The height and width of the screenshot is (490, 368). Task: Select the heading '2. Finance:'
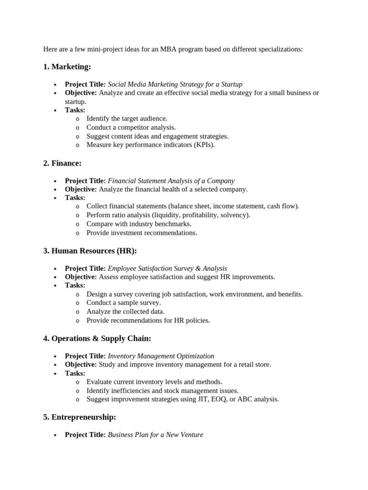[62, 163]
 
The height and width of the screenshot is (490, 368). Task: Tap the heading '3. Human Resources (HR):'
[90, 251]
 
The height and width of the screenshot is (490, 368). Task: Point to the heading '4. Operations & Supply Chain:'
[97, 338]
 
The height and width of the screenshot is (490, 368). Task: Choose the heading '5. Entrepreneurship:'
[80, 417]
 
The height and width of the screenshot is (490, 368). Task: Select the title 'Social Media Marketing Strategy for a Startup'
[175, 84]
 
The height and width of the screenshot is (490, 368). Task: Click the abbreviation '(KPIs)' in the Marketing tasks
[204, 145]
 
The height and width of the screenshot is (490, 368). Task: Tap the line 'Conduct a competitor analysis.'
[131, 127]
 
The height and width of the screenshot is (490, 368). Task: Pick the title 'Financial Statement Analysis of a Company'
[171, 181]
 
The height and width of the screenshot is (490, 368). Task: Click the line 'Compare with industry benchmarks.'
[139, 224]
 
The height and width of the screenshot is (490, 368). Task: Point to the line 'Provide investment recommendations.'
[142, 233]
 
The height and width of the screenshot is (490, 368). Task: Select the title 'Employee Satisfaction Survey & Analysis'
[167, 268]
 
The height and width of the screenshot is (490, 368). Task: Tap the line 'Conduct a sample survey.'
[124, 303]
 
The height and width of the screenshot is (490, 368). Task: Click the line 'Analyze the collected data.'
[126, 312]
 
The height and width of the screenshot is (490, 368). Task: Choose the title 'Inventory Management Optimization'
[161, 356]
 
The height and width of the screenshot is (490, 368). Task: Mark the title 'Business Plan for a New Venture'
[155, 435]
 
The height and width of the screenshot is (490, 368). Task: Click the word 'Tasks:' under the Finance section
[75, 198]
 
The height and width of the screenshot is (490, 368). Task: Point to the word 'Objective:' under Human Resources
[81, 277]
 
